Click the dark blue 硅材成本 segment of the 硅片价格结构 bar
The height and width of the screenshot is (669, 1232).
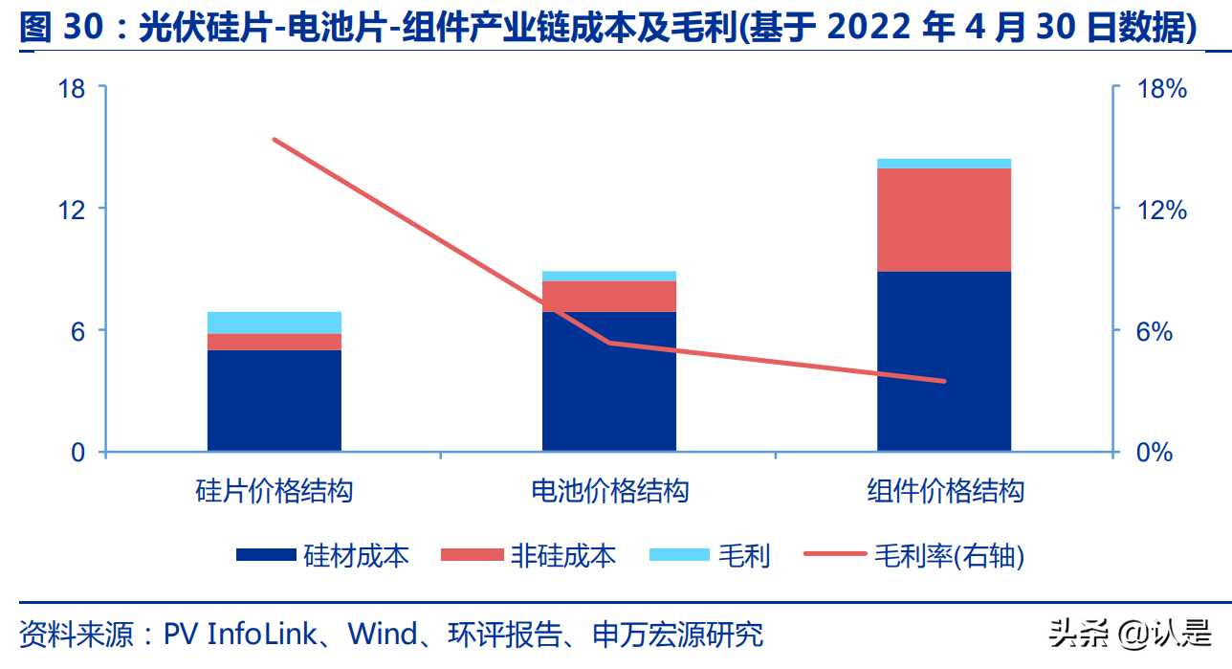click(274, 400)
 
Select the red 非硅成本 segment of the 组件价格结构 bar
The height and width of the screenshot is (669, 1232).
click(943, 219)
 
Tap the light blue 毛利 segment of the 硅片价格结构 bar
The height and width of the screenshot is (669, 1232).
click(274, 323)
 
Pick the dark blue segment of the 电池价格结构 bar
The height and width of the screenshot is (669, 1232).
click(608, 381)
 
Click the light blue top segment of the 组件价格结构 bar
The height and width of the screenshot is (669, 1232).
click(943, 164)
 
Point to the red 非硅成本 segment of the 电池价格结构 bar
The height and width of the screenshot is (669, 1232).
click(608, 296)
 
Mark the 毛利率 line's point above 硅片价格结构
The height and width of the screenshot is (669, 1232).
click(274, 140)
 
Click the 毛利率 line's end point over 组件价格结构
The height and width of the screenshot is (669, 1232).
click(944, 381)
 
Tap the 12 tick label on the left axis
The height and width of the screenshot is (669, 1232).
click(71, 210)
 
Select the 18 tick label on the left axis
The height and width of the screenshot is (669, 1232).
click(71, 89)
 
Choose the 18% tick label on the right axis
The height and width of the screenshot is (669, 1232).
click(1160, 89)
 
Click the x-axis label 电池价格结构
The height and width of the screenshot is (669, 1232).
click(609, 492)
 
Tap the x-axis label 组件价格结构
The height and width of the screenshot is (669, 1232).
click(945, 492)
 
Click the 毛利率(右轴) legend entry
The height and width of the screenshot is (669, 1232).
click(913, 555)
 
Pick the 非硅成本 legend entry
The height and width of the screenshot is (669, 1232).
click(529, 555)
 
